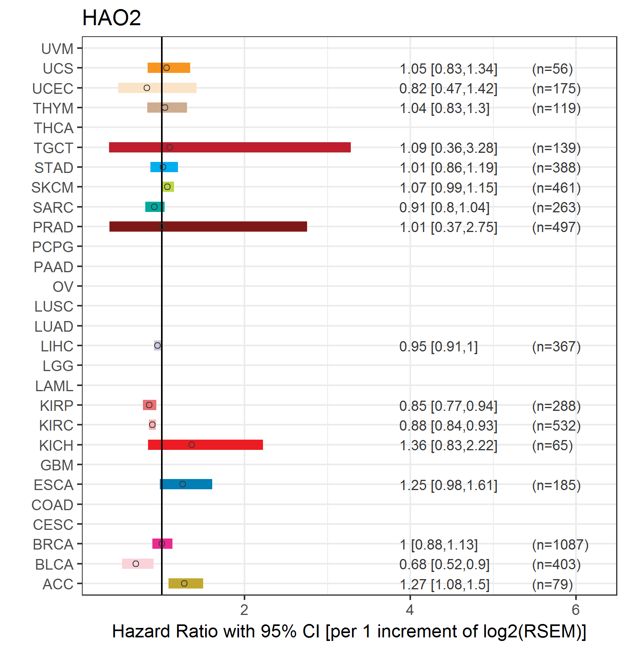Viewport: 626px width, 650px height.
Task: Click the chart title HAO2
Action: coord(111,18)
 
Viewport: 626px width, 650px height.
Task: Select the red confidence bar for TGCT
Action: coord(230,147)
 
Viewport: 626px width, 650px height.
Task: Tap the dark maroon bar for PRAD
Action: coord(208,227)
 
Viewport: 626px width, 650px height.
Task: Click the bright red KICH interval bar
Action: coord(205,445)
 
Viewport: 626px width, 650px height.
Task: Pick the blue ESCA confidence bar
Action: coord(186,484)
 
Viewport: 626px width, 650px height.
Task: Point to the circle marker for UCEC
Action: coord(147,88)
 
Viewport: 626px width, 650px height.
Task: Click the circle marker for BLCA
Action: coord(136,564)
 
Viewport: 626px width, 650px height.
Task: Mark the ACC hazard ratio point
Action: coord(184,583)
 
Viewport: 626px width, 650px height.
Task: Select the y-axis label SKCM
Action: coord(52,188)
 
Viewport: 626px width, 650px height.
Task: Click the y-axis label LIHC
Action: coord(57,346)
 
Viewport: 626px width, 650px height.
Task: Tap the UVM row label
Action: coord(57,49)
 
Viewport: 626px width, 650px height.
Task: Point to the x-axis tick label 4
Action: coord(410,610)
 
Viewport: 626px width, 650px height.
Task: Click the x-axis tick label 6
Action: coord(576,610)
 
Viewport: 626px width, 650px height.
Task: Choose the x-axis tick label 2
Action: coord(244,610)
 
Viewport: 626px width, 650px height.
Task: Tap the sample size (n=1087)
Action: coord(560,544)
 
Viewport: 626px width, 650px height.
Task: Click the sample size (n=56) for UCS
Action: coord(552,69)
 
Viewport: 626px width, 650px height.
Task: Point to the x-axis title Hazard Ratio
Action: coord(349,631)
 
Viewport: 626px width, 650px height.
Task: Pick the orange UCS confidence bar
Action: coord(169,68)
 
